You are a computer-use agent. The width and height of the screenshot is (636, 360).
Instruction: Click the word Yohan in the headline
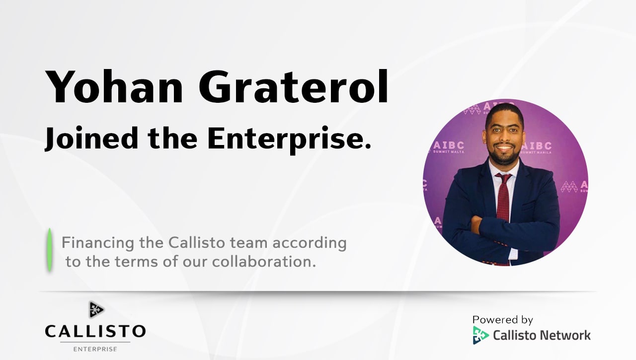114,86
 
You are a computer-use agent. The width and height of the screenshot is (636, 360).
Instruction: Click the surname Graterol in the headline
293,86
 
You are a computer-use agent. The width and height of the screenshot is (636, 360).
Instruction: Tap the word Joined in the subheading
91,139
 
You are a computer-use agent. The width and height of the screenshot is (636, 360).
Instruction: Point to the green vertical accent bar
49,250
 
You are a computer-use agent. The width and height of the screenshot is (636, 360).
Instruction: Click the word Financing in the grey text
98,244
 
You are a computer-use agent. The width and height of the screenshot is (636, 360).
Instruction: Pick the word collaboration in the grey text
264,262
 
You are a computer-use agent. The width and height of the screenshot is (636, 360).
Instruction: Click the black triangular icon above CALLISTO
96,309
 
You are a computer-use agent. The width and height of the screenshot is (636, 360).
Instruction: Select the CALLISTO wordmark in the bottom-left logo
95,331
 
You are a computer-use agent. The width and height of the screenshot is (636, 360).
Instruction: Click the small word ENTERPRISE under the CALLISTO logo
95,349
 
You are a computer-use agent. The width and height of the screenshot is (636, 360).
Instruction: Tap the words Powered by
502,320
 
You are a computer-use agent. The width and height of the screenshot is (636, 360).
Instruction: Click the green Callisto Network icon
480,335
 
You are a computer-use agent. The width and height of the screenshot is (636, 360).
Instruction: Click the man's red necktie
504,199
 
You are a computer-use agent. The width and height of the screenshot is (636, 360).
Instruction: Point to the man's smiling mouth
504,148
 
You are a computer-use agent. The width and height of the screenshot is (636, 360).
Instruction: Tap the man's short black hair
505,113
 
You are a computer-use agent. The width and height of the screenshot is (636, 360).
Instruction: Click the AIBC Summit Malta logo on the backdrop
449,147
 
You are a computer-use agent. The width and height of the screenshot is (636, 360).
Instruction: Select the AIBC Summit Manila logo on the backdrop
537,147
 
